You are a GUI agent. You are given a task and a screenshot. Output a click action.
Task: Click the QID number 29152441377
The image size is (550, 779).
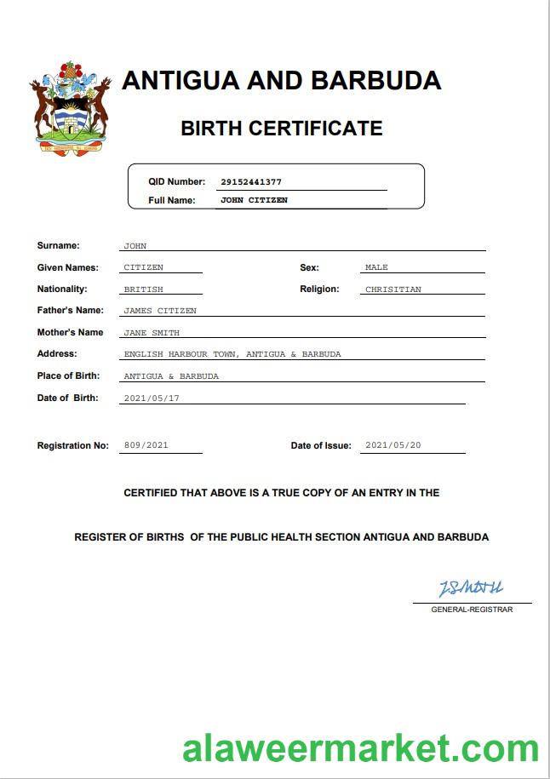pos(250,181)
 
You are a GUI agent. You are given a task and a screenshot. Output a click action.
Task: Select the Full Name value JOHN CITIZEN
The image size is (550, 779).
pos(254,200)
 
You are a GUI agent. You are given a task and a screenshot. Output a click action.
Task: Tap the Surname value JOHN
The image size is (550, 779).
pos(135,246)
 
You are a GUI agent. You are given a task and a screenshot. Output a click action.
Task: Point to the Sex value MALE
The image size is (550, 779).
pos(376,267)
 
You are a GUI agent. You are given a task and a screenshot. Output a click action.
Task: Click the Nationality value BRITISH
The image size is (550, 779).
pos(143,289)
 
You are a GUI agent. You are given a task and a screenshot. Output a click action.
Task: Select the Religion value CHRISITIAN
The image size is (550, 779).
pos(392,289)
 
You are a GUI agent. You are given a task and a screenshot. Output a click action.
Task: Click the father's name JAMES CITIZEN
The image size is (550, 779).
pos(160,311)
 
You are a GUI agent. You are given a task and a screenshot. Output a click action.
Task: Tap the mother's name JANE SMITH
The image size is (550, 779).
pos(152,333)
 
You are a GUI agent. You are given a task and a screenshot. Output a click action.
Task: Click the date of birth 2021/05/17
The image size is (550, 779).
pos(152,398)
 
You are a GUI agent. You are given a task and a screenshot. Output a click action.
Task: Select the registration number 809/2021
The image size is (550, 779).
pos(146,445)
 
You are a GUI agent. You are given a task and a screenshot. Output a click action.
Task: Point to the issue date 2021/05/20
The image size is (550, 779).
pos(392,445)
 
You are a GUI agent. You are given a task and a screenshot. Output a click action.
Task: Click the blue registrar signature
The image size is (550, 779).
pos(471,588)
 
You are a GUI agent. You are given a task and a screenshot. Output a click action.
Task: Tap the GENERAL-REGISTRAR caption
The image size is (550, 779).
pos(472,610)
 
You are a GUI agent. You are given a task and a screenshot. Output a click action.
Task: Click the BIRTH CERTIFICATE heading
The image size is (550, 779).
pos(281,129)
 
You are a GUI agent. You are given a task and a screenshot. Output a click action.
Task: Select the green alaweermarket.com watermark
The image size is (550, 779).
pos(360,748)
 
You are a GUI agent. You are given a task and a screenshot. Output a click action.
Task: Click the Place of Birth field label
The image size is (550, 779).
pos(68,375)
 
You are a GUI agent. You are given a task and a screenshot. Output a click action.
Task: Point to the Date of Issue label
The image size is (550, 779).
pos(320,445)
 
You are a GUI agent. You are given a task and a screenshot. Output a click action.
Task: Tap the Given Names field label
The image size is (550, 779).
pos(67,267)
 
